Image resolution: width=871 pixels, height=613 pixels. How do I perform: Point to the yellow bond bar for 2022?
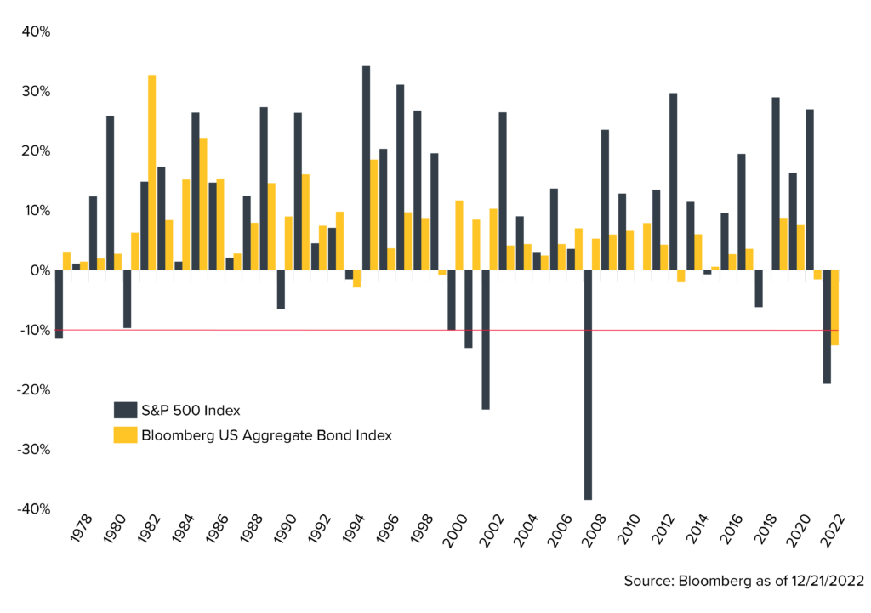835,307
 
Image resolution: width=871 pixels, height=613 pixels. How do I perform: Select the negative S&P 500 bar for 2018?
759,288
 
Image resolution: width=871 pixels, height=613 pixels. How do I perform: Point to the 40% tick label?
37,31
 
